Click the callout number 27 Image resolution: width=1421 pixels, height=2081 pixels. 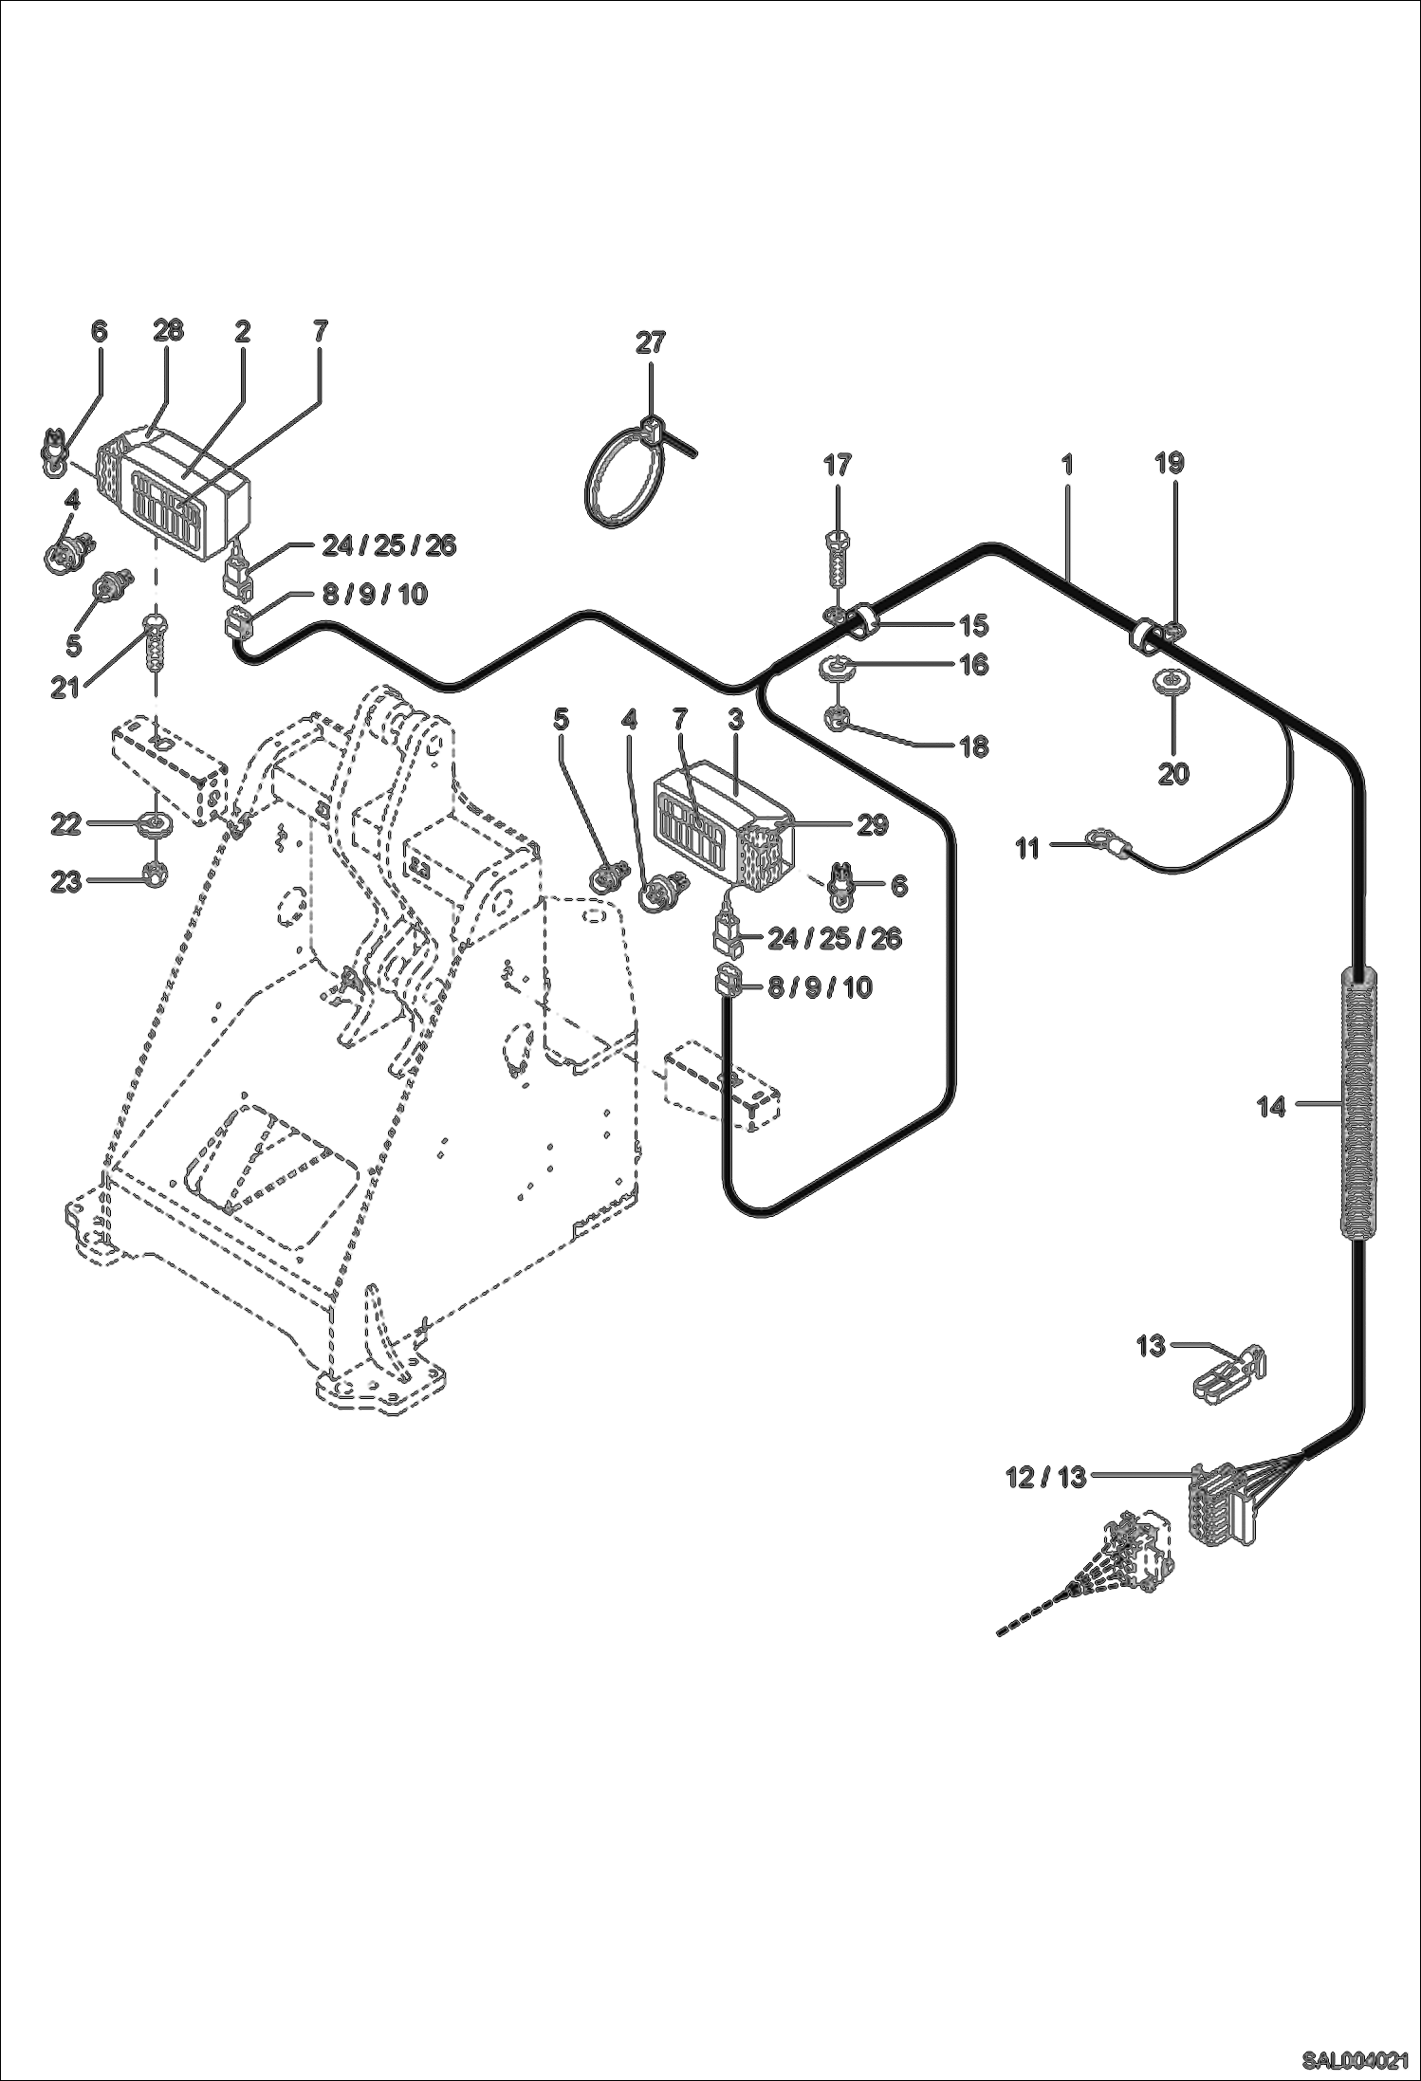point(650,342)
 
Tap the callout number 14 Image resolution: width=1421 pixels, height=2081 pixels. point(1270,1106)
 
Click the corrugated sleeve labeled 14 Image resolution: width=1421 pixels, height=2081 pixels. point(1358,1106)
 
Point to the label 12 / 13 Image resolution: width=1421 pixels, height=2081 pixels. point(1045,1477)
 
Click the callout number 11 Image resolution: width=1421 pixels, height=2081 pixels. point(1028,848)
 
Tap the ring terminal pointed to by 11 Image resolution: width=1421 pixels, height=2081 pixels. point(1100,838)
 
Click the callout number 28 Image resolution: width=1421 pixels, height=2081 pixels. point(168,331)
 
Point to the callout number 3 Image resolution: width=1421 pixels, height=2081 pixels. point(735,720)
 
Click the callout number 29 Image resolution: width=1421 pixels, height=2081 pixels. point(872,825)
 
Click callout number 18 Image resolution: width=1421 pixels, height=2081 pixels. point(973,747)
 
